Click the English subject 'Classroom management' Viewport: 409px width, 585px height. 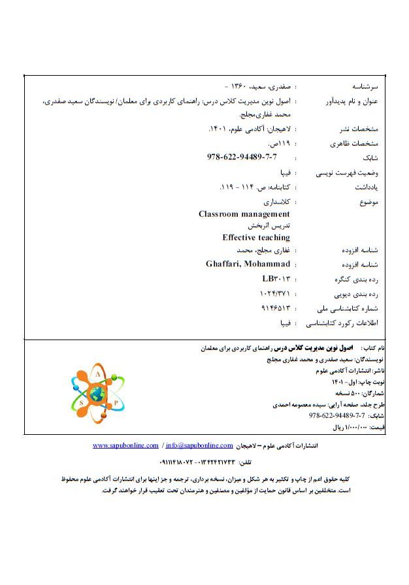pyautogui.click(x=244, y=214)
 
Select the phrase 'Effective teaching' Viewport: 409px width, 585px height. pyautogui.click(x=255, y=238)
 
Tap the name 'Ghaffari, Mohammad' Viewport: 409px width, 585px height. pyautogui.click(x=248, y=264)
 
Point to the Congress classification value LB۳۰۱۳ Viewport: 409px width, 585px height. pyautogui.click(x=275, y=279)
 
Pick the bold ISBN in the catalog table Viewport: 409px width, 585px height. pyautogui.click(x=242, y=157)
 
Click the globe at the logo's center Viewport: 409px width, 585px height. pyautogui.click(x=98, y=394)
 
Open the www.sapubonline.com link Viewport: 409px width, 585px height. pyautogui.click(x=125, y=445)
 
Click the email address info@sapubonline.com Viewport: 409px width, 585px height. pyautogui.click(x=199, y=445)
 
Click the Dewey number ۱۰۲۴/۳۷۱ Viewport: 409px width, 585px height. pyautogui.click(x=274, y=294)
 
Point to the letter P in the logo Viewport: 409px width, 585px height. pyautogui.click(x=116, y=403)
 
